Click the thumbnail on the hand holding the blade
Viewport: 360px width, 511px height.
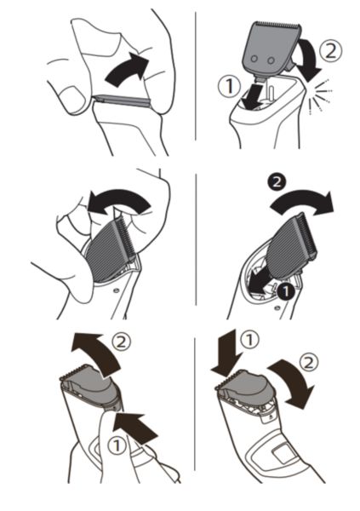[x=71, y=97]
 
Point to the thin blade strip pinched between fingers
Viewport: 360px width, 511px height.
[x=123, y=100]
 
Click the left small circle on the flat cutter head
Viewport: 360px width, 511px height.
[x=254, y=59]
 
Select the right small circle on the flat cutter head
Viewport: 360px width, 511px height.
[x=271, y=60]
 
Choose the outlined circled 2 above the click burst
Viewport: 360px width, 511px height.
[x=331, y=51]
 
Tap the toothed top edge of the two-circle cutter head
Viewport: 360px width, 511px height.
[x=277, y=25]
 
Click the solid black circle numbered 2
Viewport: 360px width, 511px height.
[x=277, y=182]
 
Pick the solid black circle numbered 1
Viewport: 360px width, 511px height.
[x=286, y=291]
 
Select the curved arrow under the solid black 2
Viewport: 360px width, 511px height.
[x=301, y=204]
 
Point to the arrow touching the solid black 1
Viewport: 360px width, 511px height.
[x=260, y=283]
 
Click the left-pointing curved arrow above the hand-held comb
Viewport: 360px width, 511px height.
[x=119, y=201]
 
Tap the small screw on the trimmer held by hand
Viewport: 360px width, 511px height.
[x=116, y=290]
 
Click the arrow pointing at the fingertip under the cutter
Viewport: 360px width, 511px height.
[x=137, y=428]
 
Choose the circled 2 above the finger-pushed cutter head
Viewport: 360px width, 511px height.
[x=121, y=342]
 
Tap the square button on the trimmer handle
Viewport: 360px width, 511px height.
[x=283, y=454]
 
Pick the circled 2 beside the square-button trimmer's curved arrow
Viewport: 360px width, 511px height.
[x=308, y=363]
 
